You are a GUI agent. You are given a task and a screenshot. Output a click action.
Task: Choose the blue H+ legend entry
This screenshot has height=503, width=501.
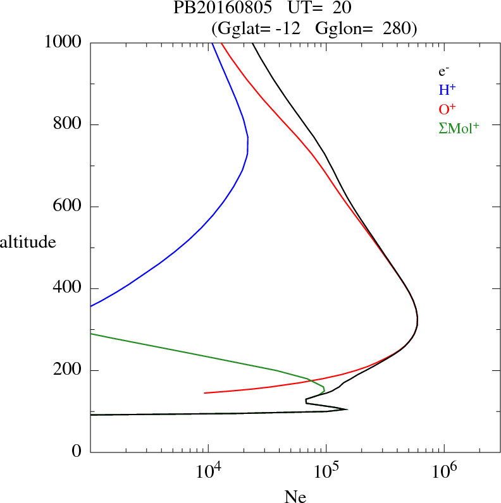click(x=448, y=90)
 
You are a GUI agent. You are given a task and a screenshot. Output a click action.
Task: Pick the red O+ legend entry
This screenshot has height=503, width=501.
click(x=448, y=109)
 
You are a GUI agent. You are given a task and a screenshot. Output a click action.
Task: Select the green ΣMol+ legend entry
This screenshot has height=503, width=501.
click(x=458, y=128)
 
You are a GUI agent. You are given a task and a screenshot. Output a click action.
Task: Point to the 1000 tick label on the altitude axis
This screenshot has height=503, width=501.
click(x=64, y=42)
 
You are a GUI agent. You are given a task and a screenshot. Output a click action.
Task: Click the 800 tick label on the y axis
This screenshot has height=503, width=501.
click(x=68, y=124)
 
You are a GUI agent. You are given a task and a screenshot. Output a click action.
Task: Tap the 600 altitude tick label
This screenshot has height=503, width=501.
click(x=68, y=207)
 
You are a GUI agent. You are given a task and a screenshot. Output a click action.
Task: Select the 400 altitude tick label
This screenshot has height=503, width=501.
click(x=68, y=289)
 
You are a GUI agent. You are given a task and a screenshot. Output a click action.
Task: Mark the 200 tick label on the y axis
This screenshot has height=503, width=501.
click(x=68, y=371)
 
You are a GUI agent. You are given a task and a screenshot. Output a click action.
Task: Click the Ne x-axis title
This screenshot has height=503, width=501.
click(x=295, y=497)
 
